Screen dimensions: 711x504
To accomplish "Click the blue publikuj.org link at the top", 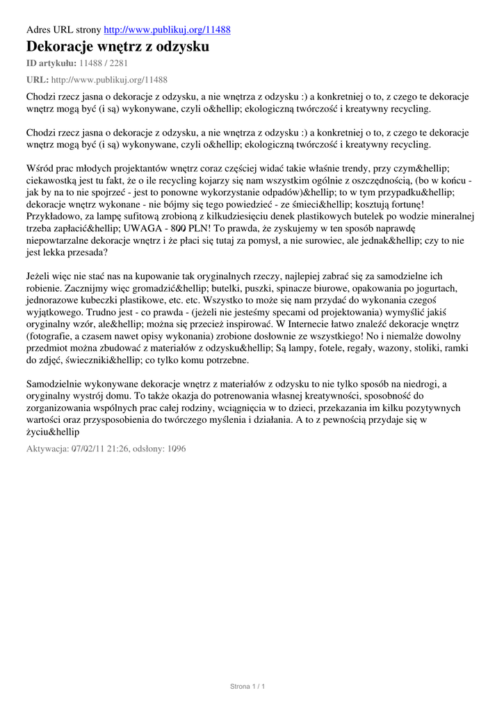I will click(167, 30).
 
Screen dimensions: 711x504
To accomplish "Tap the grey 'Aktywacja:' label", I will click(47, 449).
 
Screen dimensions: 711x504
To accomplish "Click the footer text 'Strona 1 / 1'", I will click(248, 687).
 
